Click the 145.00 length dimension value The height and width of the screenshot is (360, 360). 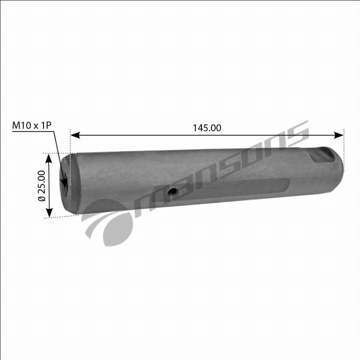[x=207, y=128]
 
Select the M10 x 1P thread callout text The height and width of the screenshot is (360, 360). [x=32, y=125]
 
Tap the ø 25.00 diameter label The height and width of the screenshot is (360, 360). [x=42, y=186]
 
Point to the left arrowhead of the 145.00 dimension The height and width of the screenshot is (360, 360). [x=75, y=135]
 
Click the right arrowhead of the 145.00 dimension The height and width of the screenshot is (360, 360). [x=339, y=135]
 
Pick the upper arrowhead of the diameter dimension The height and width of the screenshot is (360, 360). [x=49, y=159]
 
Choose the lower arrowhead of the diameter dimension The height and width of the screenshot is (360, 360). [x=49, y=212]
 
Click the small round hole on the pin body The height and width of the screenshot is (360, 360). [x=172, y=191]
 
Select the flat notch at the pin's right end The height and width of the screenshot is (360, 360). [x=322, y=156]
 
